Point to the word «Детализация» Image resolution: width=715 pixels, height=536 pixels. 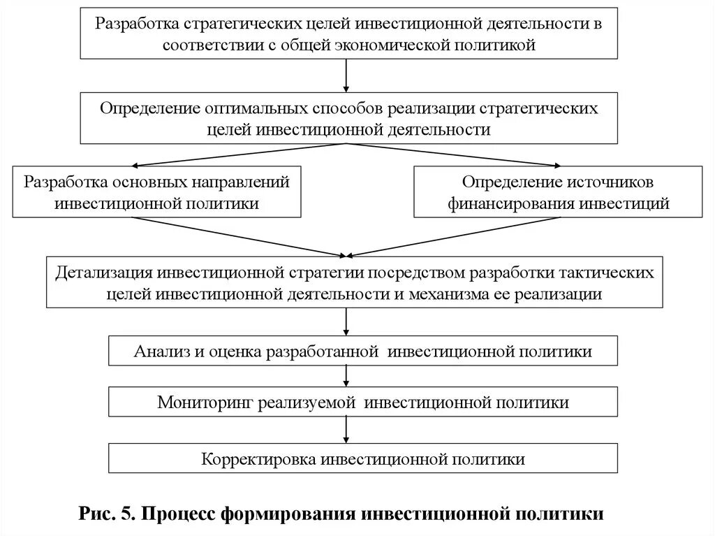105,272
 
